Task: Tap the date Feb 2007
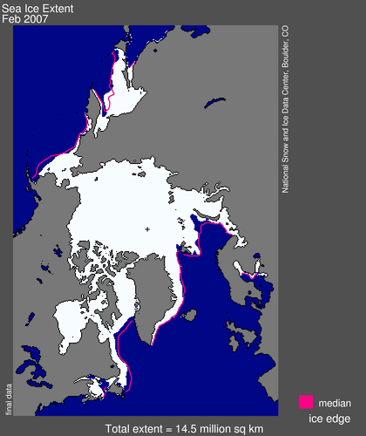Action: click(x=25, y=18)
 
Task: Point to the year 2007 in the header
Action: click(x=34, y=18)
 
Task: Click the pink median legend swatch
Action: click(x=306, y=402)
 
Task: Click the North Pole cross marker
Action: click(x=147, y=229)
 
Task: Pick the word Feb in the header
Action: click(x=11, y=18)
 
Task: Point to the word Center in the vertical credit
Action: click(x=285, y=90)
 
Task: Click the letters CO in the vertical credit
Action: click(x=285, y=32)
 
